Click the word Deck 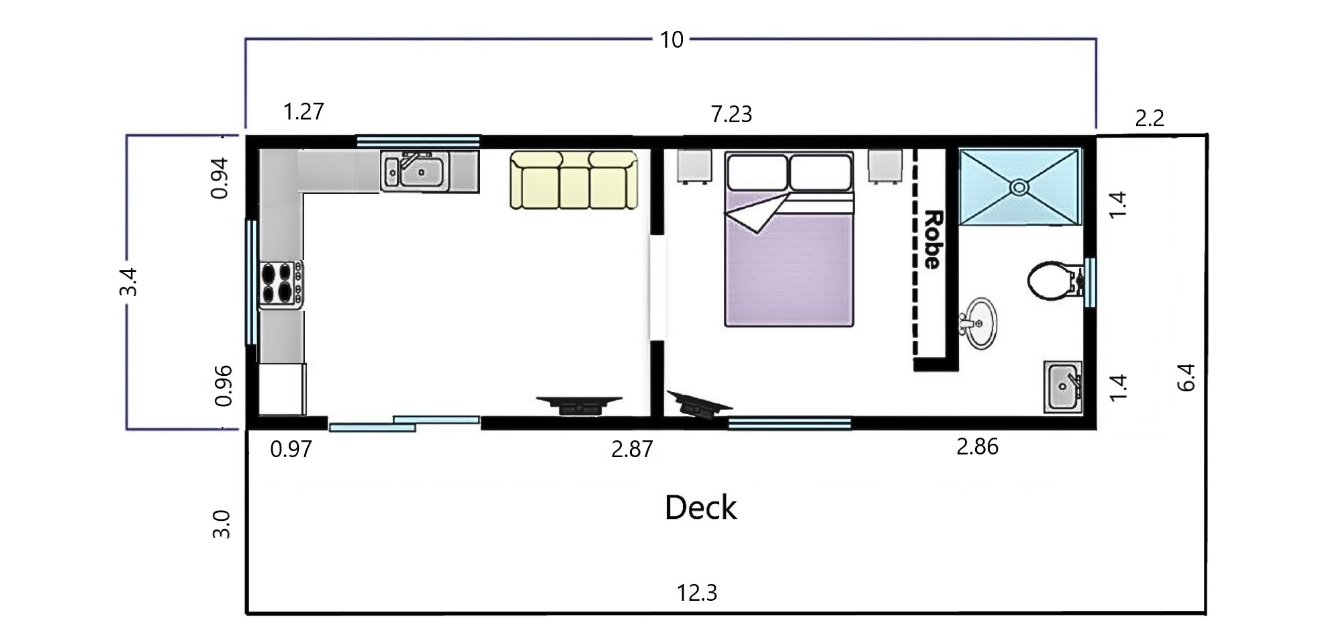point(700,507)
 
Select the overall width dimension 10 point(671,40)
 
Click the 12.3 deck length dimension point(697,593)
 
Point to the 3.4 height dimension point(128,281)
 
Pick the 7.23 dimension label point(731,114)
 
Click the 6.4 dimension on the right point(1187,377)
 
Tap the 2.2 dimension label point(1149,118)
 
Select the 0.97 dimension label point(291,448)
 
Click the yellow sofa point(573,180)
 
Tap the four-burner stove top point(281,284)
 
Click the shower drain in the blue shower point(1019,187)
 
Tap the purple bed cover point(788,262)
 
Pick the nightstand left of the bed point(694,166)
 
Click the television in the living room point(580,405)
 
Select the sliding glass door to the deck point(404,424)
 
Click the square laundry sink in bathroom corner point(1062,387)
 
